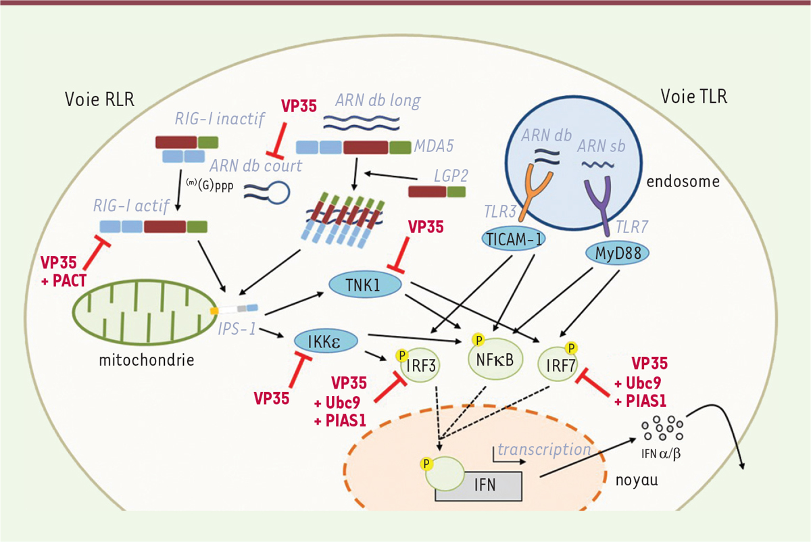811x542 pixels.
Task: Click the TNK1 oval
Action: pyautogui.click(x=365, y=285)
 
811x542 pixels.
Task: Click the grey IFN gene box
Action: pyautogui.click(x=478, y=485)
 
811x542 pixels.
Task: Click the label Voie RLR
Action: pyautogui.click(x=99, y=99)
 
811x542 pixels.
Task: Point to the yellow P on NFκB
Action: pyautogui.click(x=478, y=339)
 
